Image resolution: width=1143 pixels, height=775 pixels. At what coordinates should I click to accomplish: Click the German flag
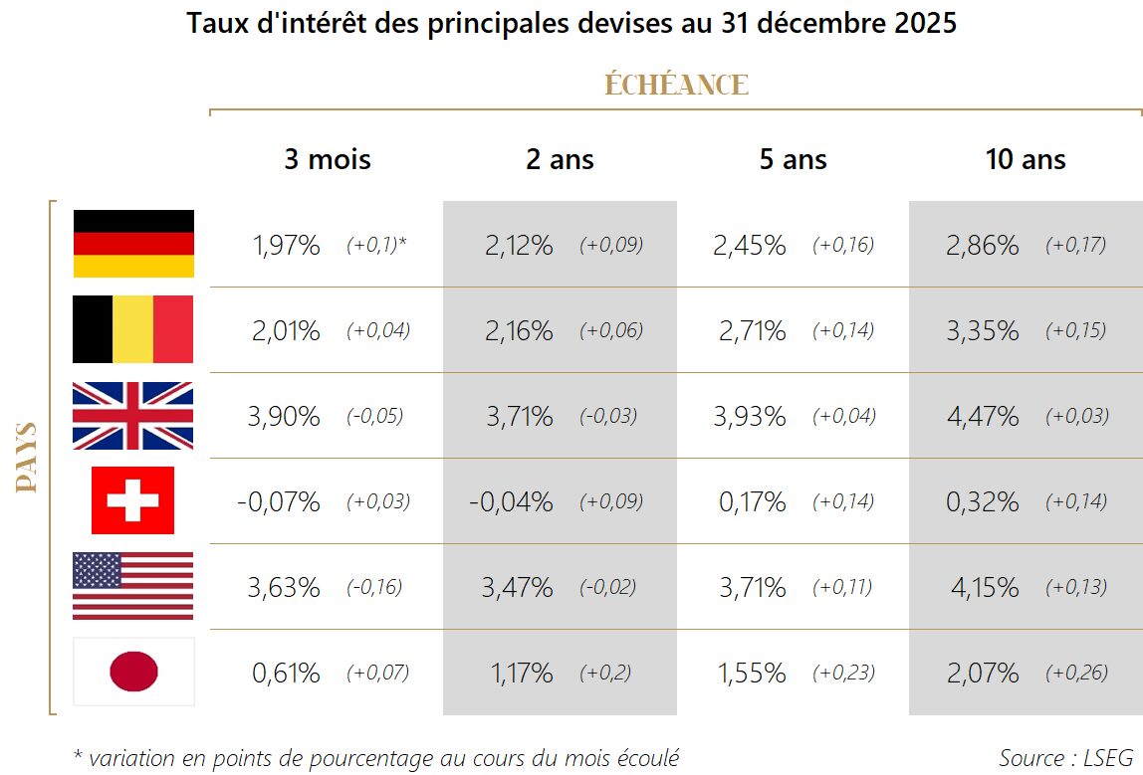(x=133, y=244)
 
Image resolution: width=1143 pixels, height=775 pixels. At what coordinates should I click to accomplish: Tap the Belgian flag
(x=133, y=329)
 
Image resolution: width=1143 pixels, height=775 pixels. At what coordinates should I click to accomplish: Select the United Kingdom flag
(x=133, y=416)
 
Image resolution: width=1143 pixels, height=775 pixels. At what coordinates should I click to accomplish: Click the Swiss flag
(x=132, y=500)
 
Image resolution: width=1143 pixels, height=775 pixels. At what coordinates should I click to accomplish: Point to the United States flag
(x=133, y=587)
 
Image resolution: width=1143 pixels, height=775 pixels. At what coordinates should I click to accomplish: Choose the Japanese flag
(x=133, y=672)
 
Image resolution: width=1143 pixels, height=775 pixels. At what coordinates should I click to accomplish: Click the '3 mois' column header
(x=327, y=159)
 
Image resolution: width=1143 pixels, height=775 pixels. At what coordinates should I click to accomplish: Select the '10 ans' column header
(x=1026, y=159)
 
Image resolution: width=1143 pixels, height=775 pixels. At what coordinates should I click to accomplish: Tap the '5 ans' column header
(x=793, y=159)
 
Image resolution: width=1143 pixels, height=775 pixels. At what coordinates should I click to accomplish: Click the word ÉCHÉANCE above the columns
(x=676, y=86)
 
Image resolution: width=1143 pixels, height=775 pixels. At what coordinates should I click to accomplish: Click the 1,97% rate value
(x=286, y=246)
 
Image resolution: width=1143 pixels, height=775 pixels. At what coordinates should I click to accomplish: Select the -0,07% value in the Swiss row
(x=279, y=502)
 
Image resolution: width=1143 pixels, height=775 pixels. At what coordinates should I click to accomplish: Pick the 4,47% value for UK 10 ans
(x=982, y=417)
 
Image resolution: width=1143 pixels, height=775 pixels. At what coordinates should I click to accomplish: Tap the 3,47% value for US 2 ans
(x=517, y=588)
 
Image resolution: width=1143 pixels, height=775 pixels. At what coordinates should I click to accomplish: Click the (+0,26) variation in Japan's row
(x=1075, y=674)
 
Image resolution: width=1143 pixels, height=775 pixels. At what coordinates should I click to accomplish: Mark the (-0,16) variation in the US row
(x=374, y=588)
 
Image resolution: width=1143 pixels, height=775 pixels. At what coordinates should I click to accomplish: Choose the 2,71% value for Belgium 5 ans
(x=752, y=331)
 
